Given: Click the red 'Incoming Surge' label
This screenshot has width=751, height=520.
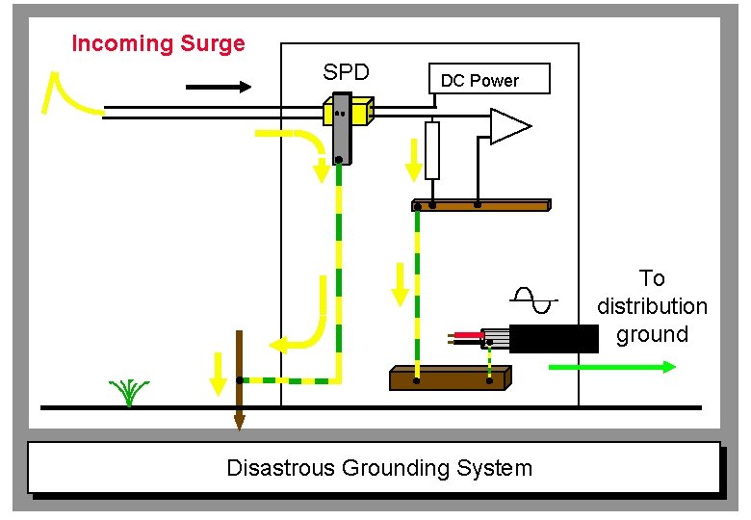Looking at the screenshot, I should click(x=158, y=43).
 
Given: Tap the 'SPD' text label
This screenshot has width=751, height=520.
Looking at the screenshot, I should click(x=346, y=72).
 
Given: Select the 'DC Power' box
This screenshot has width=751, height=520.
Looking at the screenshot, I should click(x=488, y=80).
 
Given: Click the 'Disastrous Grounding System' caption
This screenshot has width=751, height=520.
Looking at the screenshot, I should click(x=378, y=468).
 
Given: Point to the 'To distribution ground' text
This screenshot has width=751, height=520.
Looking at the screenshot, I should click(x=652, y=306).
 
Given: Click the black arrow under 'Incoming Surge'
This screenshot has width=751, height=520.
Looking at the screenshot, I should click(x=218, y=87).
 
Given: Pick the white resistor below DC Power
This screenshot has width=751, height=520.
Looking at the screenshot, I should click(x=432, y=150).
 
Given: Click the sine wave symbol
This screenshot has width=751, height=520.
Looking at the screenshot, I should click(x=534, y=300).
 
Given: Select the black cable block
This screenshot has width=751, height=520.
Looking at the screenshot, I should click(x=553, y=339).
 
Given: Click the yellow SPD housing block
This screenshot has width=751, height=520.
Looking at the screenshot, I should click(x=349, y=113).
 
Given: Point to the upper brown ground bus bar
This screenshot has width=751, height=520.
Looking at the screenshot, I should click(x=480, y=205).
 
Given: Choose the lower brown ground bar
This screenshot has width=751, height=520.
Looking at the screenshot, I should click(x=448, y=378).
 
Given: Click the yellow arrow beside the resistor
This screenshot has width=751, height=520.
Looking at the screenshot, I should click(x=413, y=160).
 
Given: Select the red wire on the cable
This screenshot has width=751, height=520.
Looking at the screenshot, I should click(x=468, y=335).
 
